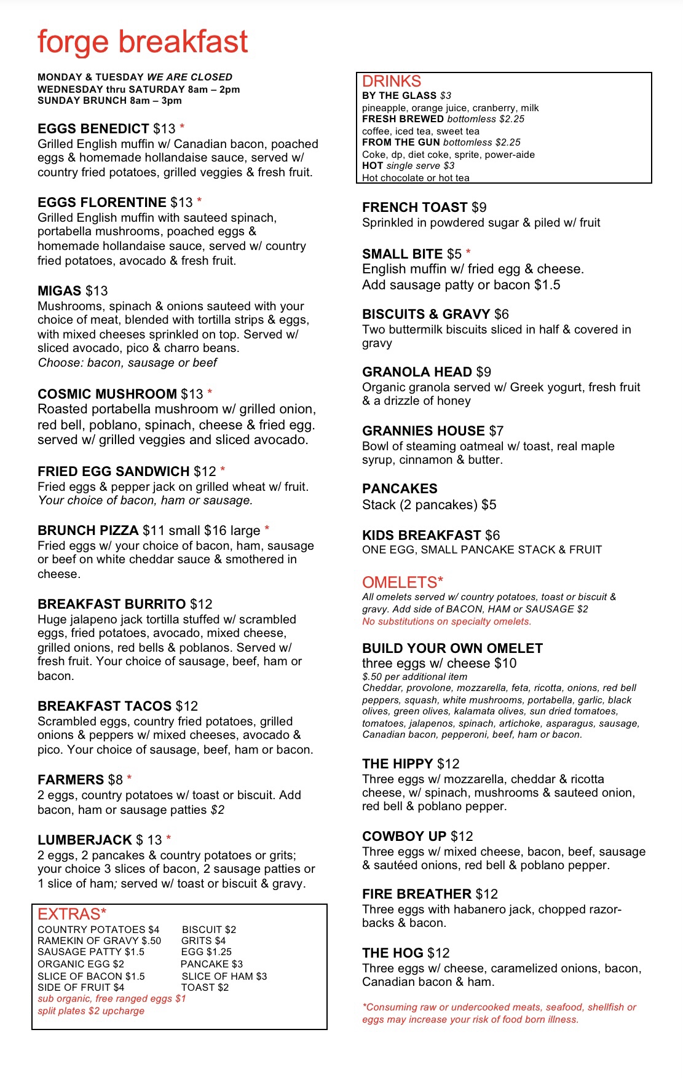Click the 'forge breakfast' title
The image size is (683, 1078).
(x=143, y=42)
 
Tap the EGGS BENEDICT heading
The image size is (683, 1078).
(x=93, y=129)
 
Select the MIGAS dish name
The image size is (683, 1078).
(x=60, y=291)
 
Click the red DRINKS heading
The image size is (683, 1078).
(x=392, y=82)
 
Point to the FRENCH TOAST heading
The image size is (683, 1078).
(x=415, y=208)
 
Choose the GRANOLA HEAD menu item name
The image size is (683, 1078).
(x=417, y=372)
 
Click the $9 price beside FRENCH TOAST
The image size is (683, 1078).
(x=480, y=208)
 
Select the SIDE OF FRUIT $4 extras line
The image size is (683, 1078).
(x=81, y=988)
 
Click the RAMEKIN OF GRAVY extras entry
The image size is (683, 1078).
(x=99, y=941)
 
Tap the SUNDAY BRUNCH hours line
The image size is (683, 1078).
(x=109, y=101)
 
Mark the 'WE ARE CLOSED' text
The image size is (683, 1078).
(x=189, y=77)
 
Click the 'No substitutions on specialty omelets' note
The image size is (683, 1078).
(x=446, y=622)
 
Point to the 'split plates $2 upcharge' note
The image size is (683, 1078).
(x=91, y=1011)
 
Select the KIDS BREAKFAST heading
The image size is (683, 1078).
(x=421, y=536)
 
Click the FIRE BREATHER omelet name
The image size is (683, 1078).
(x=417, y=894)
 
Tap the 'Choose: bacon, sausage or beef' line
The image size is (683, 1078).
(x=127, y=363)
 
